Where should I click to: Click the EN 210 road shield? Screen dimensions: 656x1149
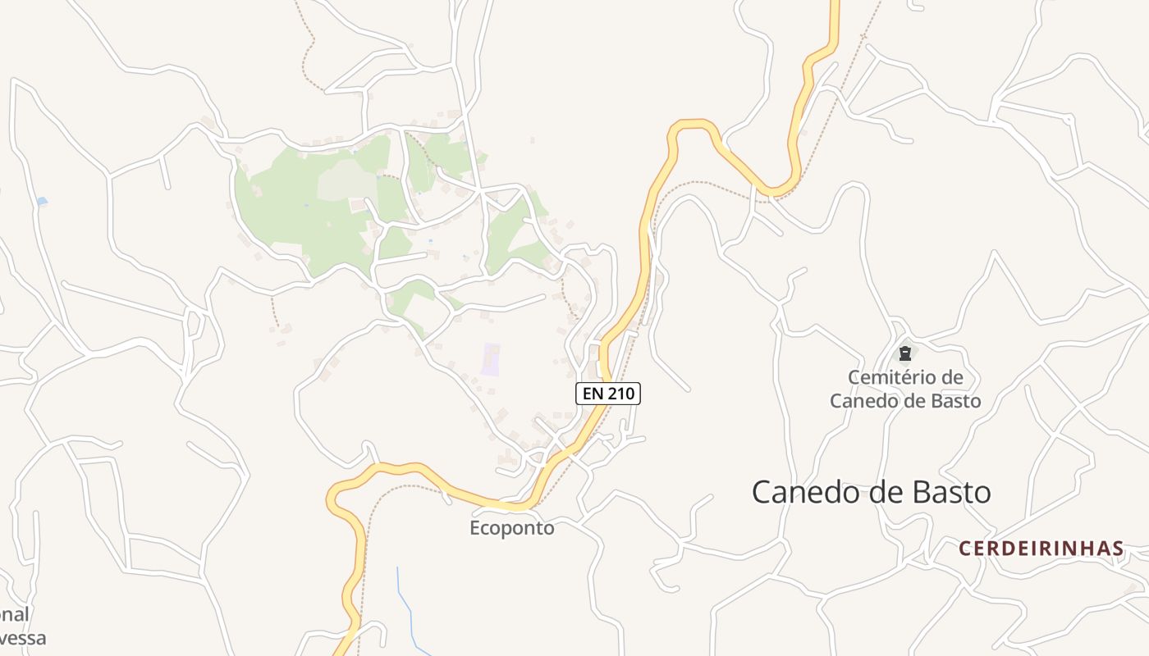tap(607, 394)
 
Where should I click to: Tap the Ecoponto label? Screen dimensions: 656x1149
tap(512, 528)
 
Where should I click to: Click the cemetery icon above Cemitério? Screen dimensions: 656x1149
tap(904, 353)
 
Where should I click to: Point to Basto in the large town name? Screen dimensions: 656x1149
tap(952, 493)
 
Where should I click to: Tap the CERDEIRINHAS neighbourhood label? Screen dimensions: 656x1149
tap(1041, 549)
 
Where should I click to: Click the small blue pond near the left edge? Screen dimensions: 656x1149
tap(42, 201)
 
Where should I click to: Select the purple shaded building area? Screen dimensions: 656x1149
tap(490, 359)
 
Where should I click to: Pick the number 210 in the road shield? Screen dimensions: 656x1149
tap(620, 394)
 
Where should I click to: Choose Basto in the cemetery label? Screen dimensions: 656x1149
tap(951, 401)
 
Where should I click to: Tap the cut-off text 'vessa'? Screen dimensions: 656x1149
tap(23, 638)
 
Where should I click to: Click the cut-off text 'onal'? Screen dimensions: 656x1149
tap(14, 614)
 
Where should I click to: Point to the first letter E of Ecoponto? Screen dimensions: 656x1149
tap(475, 528)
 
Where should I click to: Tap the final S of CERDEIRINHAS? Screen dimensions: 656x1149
tap(1118, 549)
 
